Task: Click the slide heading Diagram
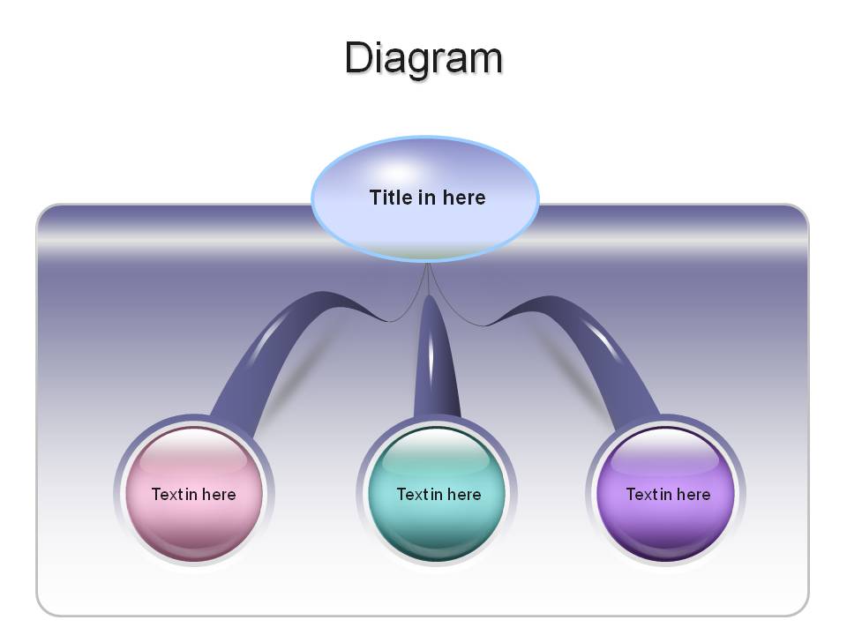click(x=424, y=58)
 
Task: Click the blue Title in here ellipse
click(x=425, y=198)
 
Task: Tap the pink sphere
click(x=194, y=494)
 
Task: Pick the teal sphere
click(x=437, y=494)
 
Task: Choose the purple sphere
click(x=665, y=494)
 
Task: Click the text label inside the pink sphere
click(x=194, y=494)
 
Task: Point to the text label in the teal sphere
click(x=438, y=494)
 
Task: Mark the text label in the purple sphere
click(x=668, y=494)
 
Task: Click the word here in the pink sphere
click(x=220, y=494)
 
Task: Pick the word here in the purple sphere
click(x=693, y=494)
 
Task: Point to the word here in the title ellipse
click(x=464, y=197)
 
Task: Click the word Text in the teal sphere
click(x=413, y=494)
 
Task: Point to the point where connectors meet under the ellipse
click(x=428, y=264)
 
